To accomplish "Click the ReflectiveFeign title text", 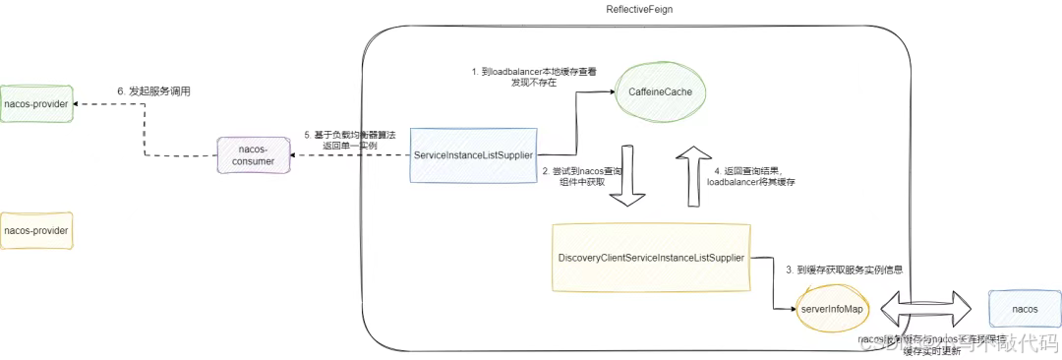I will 640,9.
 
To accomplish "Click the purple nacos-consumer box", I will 254,155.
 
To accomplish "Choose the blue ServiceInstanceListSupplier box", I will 474,155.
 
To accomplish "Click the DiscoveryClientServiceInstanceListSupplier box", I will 650,257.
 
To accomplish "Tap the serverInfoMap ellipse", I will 832,309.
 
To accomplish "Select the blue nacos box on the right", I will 1024,309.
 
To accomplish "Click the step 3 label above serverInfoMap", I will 844,269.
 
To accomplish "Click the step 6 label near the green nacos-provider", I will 152,91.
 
